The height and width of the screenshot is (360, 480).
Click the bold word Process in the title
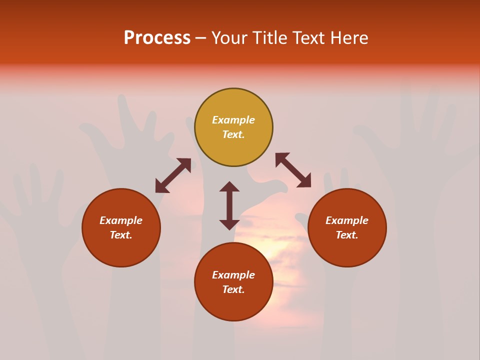[x=157, y=38]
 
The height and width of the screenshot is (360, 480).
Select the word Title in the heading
[x=269, y=38]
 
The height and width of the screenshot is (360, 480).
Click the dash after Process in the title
[x=200, y=38]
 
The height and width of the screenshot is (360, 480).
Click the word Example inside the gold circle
[x=233, y=120]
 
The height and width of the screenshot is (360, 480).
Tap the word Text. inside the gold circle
[x=233, y=134]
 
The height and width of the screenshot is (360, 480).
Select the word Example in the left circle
[x=121, y=220]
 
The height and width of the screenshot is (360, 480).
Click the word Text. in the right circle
[x=347, y=235]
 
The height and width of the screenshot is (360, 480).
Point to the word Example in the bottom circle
[x=233, y=275]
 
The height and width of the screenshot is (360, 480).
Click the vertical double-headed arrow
[x=229, y=205]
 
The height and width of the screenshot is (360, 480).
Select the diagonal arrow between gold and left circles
[x=173, y=175]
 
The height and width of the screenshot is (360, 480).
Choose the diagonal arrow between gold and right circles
[x=293, y=170]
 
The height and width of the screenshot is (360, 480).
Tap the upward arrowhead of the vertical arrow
[x=229, y=186]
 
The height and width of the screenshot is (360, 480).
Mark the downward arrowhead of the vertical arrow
[x=229, y=224]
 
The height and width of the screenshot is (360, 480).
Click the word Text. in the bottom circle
[x=233, y=289]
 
